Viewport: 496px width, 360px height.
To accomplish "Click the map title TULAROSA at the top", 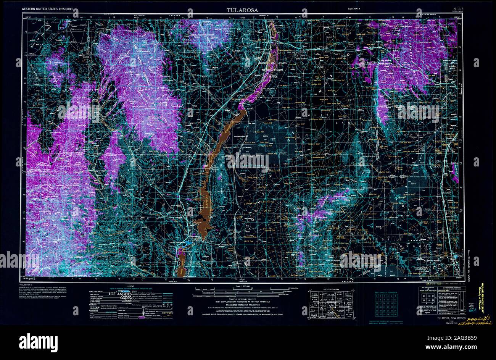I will pos(242,10).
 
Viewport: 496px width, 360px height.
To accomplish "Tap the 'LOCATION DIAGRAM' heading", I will pos(330,289).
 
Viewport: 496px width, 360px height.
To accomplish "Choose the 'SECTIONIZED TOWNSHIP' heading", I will pos(391,292).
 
